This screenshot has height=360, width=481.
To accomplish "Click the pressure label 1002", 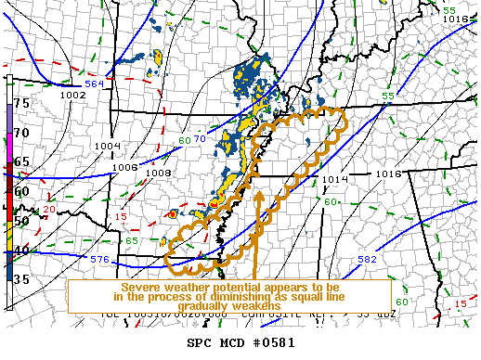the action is (72, 95).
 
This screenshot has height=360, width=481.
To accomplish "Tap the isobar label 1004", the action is (108, 146).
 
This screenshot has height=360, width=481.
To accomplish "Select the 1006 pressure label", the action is (126, 167).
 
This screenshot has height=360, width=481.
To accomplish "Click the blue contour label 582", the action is (368, 259).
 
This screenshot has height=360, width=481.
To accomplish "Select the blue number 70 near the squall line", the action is (199, 139).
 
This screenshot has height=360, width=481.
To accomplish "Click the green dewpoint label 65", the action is (132, 241).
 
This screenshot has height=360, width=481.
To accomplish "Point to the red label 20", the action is (48, 211).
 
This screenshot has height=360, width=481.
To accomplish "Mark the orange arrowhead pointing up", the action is (259, 195).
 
